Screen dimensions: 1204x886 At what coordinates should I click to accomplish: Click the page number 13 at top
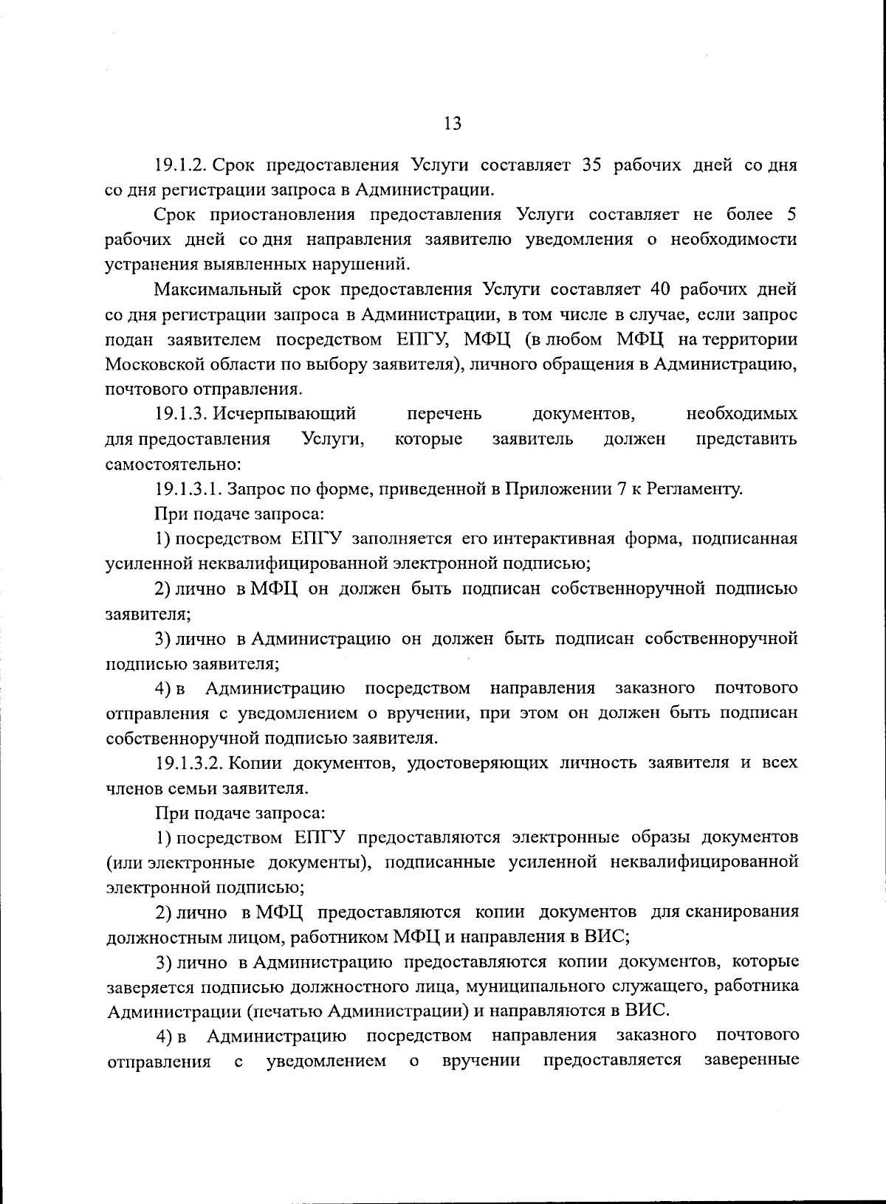(x=453, y=123)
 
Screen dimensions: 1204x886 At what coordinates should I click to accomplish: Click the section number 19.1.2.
(x=184, y=165)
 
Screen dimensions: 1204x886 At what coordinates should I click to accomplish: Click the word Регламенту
(x=693, y=489)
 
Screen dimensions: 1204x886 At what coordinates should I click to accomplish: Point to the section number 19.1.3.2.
(x=190, y=762)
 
